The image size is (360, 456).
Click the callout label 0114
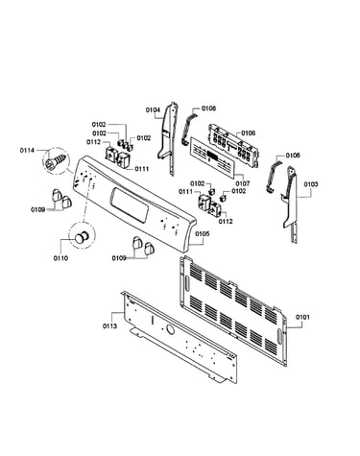click(27, 150)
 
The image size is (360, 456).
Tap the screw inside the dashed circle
click(57, 161)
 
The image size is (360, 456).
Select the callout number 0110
click(60, 258)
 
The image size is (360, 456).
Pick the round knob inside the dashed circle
click(83, 238)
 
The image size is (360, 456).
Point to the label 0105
click(203, 234)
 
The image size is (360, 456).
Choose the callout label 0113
click(109, 326)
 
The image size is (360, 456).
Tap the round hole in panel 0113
click(171, 329)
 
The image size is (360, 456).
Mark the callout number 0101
click(302, 317)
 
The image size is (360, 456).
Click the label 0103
click(311, 184)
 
